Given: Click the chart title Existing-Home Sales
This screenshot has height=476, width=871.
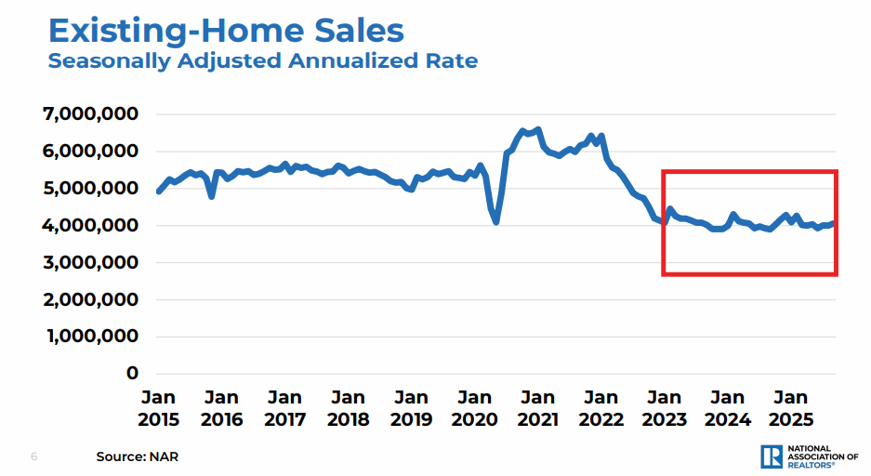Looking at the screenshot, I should [x=226, y=31].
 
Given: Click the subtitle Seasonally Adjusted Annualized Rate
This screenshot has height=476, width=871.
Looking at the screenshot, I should [x=263, y=62].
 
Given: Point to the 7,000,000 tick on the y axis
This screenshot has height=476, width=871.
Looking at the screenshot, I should [x=91, y=113].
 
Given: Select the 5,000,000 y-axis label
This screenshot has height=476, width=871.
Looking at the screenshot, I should [x=91, y=188].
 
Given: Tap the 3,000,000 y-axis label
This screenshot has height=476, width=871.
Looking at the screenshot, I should [x=91, y=262].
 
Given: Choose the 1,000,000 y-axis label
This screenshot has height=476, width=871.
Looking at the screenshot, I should [x=91, y=336].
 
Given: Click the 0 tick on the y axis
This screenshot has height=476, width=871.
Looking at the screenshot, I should [x=131, y=373].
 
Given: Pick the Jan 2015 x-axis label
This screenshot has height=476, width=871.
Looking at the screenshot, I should [x=158, y=408].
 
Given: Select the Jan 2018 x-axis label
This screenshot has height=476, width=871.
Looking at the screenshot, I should [x=348, y=408].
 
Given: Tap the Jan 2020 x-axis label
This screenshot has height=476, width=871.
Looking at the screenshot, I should [x=475, y=408].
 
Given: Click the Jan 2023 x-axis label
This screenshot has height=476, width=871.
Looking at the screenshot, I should [x=665, y=408].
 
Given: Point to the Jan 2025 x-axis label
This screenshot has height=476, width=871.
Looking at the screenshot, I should [x=791, y=408].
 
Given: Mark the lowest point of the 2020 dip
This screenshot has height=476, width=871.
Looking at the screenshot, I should [x=496, y=222].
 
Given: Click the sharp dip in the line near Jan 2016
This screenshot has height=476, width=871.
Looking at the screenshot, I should [x=212, y=196].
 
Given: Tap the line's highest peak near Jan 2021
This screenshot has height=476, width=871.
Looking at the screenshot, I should [x=538, y=129].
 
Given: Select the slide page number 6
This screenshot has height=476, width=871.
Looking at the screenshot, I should [x=34, y=456].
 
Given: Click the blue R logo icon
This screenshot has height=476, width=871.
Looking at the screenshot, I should [x=771, y=456].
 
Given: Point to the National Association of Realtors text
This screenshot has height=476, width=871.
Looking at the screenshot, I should [x=822, y=456].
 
